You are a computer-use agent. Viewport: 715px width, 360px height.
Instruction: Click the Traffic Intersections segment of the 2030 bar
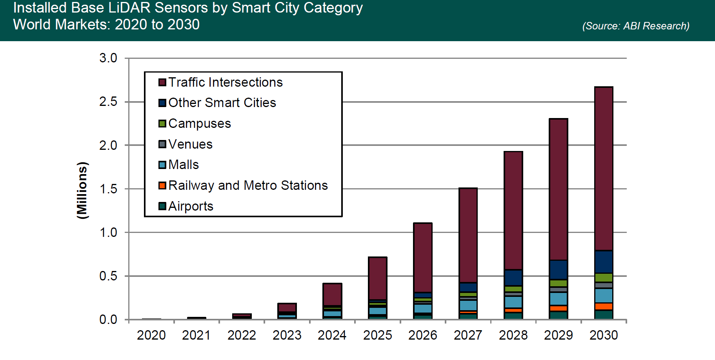point(604,169)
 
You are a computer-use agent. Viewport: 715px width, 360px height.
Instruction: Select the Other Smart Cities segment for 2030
point(604,262)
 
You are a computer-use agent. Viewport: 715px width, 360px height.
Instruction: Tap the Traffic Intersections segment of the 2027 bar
point(468,235)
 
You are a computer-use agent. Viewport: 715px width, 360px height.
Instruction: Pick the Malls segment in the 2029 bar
point(559,299)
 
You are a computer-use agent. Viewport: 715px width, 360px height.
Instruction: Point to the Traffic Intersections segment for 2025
point(377,278)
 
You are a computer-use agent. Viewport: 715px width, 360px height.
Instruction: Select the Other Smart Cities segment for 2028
point(513,278)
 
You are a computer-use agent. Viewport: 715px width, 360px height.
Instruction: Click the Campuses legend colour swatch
point(162,124)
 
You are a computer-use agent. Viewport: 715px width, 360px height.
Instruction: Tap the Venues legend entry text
point(190,144)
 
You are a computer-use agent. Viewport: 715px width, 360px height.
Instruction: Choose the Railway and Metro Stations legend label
point(248,185)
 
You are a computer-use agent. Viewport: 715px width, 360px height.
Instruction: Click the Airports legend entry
point(191,206)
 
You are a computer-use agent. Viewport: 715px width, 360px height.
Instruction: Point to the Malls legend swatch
point(162,165)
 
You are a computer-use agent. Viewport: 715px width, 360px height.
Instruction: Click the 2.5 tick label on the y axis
point(108,102)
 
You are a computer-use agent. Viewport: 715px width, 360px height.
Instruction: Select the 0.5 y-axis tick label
point(108,276)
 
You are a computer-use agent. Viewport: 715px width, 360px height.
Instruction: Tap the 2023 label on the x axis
point(287,335)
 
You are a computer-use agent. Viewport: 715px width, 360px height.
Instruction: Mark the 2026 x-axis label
point(422,335)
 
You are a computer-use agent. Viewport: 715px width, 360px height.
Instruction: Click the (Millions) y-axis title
point(82,190)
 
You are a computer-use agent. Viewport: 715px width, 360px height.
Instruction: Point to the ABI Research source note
point(635,26)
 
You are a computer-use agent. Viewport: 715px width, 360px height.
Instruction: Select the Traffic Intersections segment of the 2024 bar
point(332,294)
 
